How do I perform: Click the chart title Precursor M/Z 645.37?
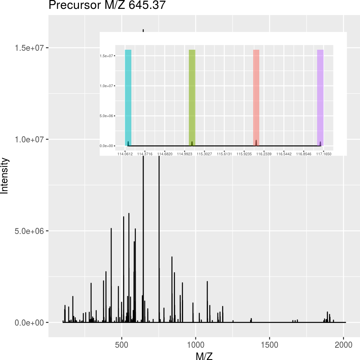point(107,5)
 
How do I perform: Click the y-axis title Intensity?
point(4,175)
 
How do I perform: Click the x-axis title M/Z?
point(204,356)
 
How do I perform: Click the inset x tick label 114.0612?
point(125,154)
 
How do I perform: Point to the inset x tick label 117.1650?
point(324,154)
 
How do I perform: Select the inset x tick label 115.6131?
point(224,154)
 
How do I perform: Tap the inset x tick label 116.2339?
point(264,154)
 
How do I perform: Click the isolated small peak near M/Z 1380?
point(251,320)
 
